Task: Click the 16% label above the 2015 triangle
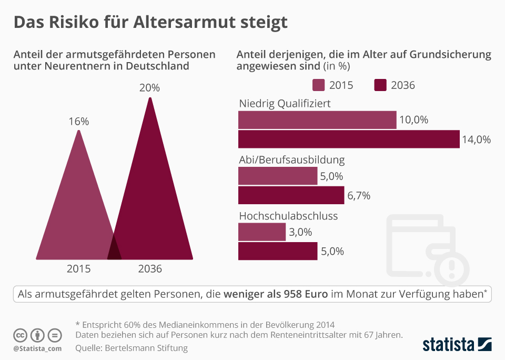click(x=78, y=121)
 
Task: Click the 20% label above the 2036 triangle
click(x=149, y=88)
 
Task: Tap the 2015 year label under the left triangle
click(x=78, y=269)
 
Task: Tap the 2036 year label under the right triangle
click(x=150, y=269)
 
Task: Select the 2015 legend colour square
click(x=318, y=85)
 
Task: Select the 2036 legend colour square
click(x=380, y=85)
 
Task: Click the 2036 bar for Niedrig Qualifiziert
click(x=349, y=139)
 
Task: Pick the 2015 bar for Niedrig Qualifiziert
click(x=317, y=120)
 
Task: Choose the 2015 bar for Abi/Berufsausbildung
click(x=278, y=176)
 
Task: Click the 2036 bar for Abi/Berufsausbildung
click(x=291, y=195)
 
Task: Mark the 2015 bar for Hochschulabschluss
click(x=262, y=232)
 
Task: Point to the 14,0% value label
click(x=476, y=139)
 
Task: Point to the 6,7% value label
click(x=359, y=196)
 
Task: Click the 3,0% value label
click(x=300, y=232)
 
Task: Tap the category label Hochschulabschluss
click(x=288, y=216)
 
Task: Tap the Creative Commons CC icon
click(x=20, y=335)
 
